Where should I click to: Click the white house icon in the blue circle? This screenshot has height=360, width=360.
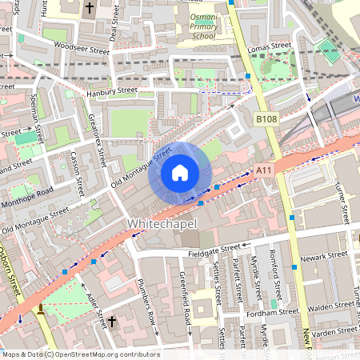point(180,173)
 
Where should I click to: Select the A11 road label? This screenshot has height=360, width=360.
point(265,170)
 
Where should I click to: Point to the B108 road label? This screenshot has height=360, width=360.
point(266,119)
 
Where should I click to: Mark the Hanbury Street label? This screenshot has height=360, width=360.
point(110,91)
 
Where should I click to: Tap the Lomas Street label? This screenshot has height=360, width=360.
point(270,48)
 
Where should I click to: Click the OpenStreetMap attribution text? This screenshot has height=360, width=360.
point(80,354)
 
